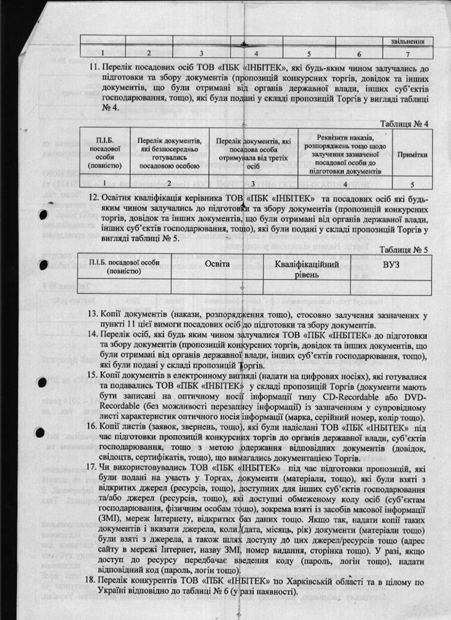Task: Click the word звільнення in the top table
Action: [404, 41]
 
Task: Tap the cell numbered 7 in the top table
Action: [404, 53]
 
